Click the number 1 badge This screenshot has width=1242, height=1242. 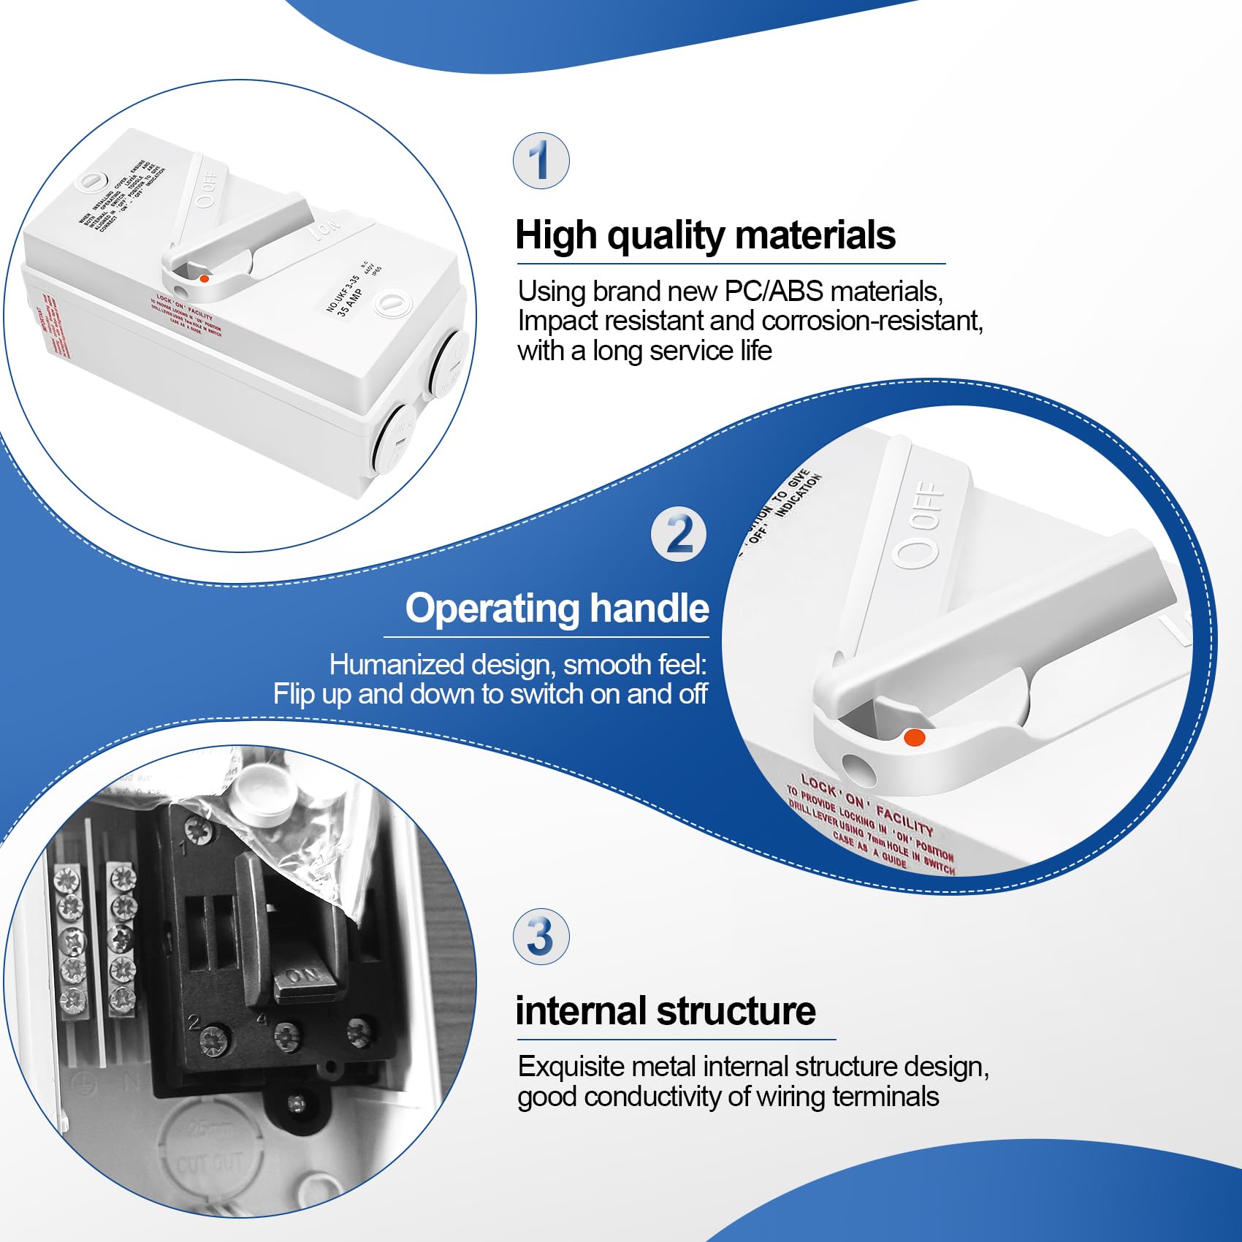tap(541, 161)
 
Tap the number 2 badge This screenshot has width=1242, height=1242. tap(679, 535)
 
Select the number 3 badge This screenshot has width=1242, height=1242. tap(541, 937)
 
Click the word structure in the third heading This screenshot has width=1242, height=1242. tap(736, 1012)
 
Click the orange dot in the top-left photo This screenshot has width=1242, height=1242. tap(205, 278)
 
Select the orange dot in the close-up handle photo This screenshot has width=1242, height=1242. tap(914, 738)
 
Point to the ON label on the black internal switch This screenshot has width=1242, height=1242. tap(303, 976)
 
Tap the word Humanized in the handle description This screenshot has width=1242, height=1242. tap(397, 665)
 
